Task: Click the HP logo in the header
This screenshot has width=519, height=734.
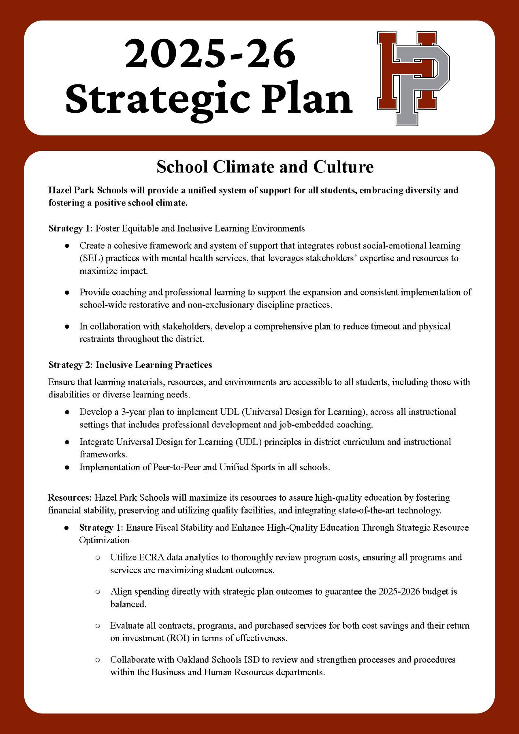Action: tap(413, 78)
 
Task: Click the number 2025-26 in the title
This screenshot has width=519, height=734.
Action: tap(210, 54)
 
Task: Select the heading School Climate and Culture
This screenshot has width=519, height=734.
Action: tap(265, 167)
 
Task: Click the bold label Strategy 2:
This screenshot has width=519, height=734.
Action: tap(70, 365)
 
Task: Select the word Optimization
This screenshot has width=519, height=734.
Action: tap(104, 540)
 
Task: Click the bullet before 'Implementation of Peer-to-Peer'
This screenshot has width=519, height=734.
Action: tap(67, 468)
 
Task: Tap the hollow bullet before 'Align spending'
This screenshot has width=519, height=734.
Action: tap(98, 592)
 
